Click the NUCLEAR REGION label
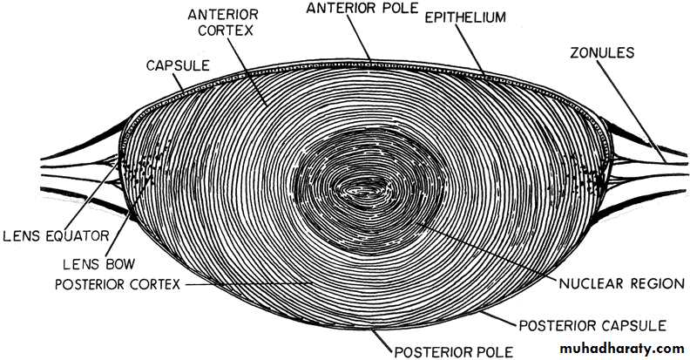621,283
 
